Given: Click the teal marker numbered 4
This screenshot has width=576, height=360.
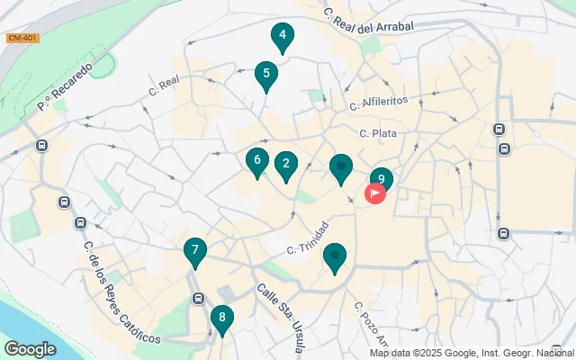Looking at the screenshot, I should [x=283, y=37].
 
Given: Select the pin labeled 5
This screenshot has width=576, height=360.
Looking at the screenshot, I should [x=265, y=75].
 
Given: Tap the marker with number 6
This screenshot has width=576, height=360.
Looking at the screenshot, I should [x=256, y=161].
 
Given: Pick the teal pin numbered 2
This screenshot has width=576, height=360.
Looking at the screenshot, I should [x=286, y=165].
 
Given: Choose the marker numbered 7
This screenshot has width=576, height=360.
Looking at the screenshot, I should [x=194, y=251].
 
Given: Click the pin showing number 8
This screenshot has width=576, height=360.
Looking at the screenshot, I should [x=221, y=318].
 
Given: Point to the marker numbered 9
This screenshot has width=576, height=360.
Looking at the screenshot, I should [x=382, y=179].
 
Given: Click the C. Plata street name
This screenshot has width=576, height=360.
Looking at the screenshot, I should [x=378, y=133].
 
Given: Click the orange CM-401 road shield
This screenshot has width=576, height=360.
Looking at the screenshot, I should [x=22, y=38].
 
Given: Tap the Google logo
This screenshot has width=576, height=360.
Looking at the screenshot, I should [x=30, y=348].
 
